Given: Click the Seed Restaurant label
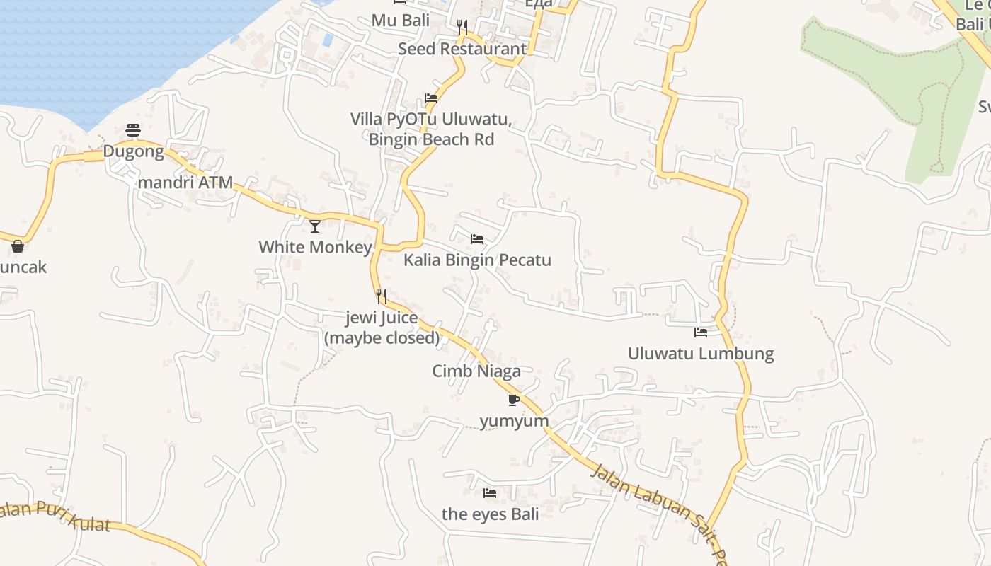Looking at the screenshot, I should (x=462, y=49).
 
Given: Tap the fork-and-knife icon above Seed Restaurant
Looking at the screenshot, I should (x=462, y=28).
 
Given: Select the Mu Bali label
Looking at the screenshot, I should (x=401, y=21).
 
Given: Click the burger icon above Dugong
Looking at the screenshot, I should (x=133, y=129).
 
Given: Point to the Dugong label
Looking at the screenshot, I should (x=133, y=151).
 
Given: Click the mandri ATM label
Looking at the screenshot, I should (x=185, y=183).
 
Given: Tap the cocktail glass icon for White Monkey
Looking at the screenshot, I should (x=315, y=226).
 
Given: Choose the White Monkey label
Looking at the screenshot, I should (x=315, y=247).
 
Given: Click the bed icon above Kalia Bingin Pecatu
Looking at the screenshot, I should (x=477, y=239).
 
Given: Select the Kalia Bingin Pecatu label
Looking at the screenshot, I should (x=477, y=260).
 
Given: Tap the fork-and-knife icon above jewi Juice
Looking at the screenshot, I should (x=382, y=296).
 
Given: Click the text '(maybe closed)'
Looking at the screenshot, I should (x=382, y=338).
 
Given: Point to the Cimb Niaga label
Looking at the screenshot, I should (x=476, y=371).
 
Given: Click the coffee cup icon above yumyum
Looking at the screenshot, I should (x=515, y=400).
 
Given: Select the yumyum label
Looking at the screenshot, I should (x=515, y=422).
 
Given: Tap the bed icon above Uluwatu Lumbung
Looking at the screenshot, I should (x=701, y=332).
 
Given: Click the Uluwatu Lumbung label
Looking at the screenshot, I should (x=701, y=354).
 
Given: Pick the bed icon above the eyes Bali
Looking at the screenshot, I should (x=490, y=492).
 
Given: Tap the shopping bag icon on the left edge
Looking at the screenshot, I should (x=18, y=246).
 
